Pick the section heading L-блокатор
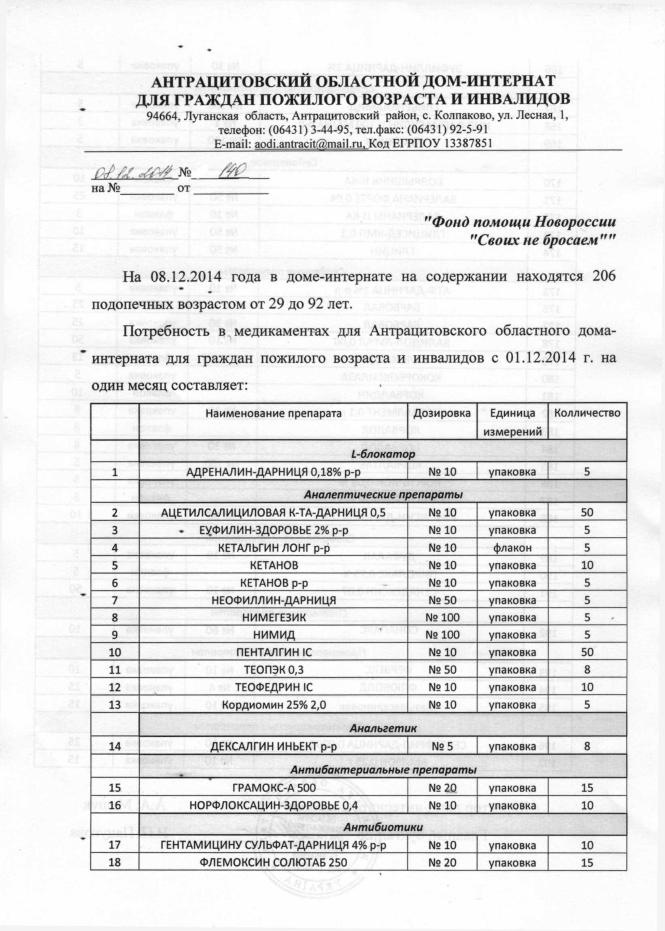click(x=383, y=454)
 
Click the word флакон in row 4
click(x=513, y=547)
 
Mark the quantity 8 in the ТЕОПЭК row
click(x=587, y=670)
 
